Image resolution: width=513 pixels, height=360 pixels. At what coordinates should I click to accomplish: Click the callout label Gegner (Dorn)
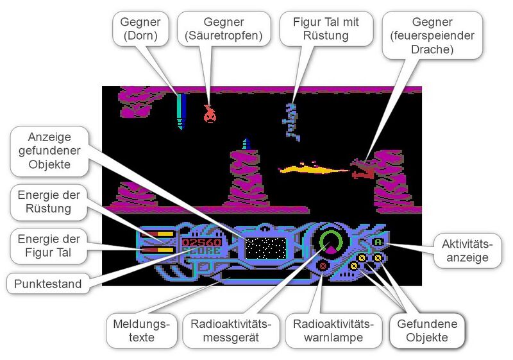(140, 29)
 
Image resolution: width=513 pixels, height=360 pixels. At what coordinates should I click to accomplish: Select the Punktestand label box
(49, 284)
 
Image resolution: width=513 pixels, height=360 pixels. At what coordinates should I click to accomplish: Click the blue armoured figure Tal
(294, 120)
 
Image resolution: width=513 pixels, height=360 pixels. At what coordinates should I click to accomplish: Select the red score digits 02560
(201, 242)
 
